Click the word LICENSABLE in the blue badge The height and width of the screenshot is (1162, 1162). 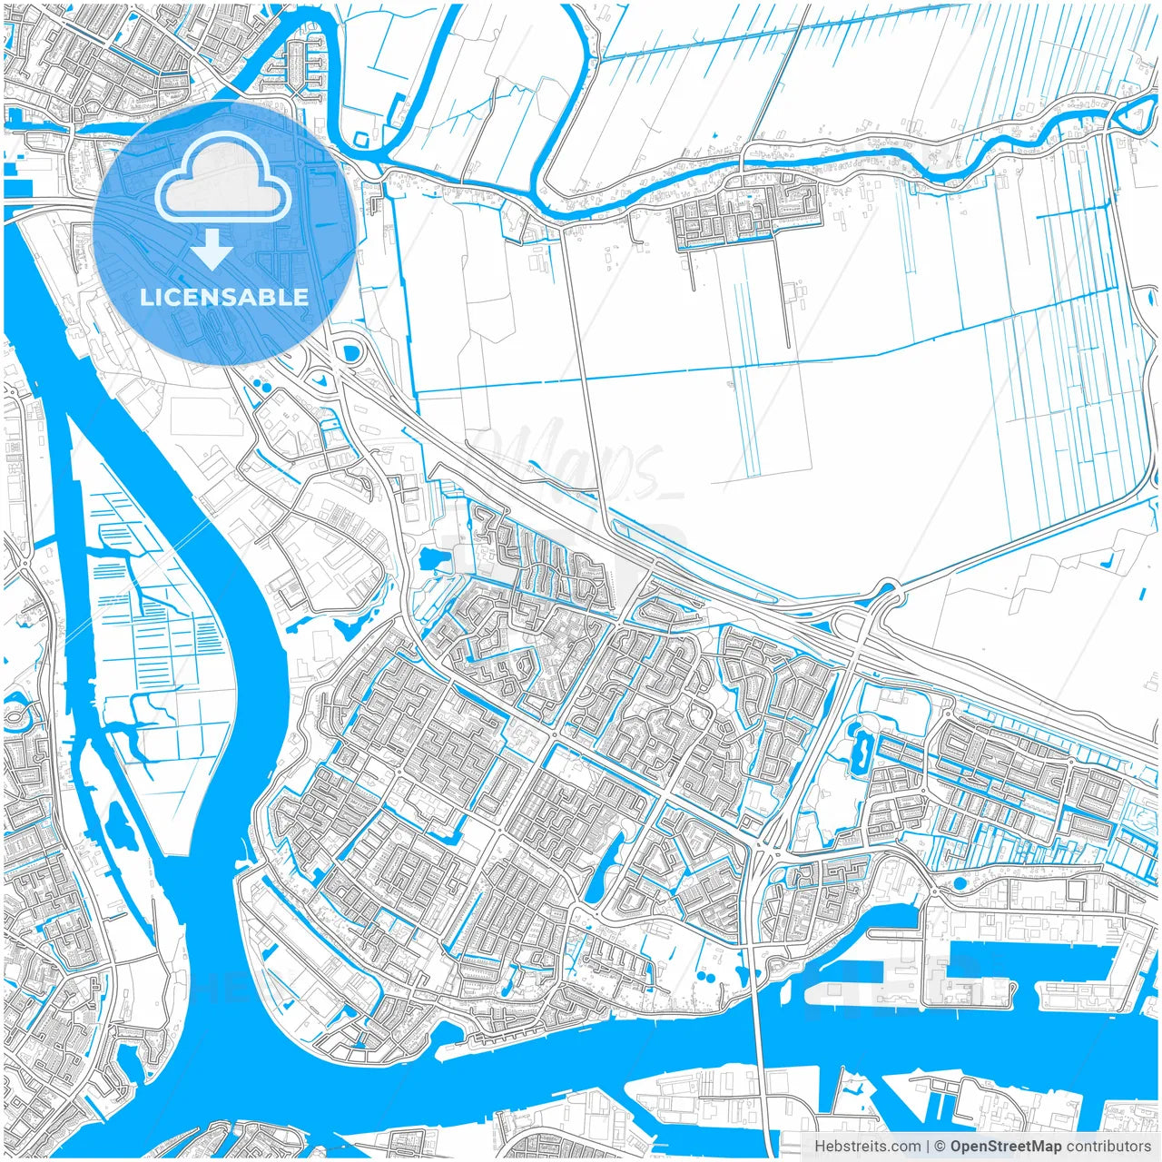point(224,297)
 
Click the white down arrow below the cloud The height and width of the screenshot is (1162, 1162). point(212,249)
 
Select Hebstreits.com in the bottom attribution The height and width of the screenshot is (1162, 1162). point(867,1147)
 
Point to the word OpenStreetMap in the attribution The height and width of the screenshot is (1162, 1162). point(1005,1147)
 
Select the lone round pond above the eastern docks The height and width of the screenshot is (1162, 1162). point(960,882)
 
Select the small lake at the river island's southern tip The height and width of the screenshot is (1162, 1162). point(117,822)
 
